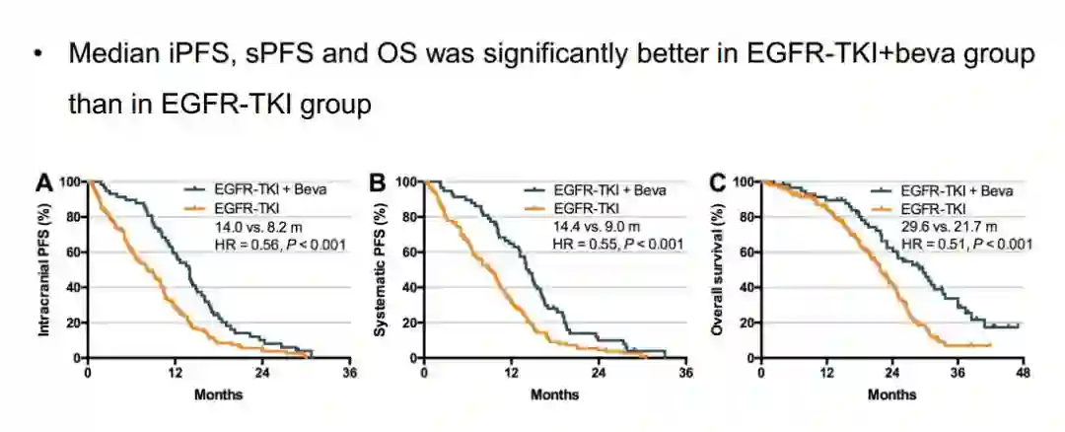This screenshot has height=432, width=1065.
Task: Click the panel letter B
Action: coord(377,182)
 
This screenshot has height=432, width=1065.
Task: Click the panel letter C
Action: coord(717,182)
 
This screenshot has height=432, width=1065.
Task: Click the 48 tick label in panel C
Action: coord(1023,374)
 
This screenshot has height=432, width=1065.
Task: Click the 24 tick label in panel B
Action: coord(599,374)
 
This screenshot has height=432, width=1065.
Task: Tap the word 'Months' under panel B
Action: coord(554,395)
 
